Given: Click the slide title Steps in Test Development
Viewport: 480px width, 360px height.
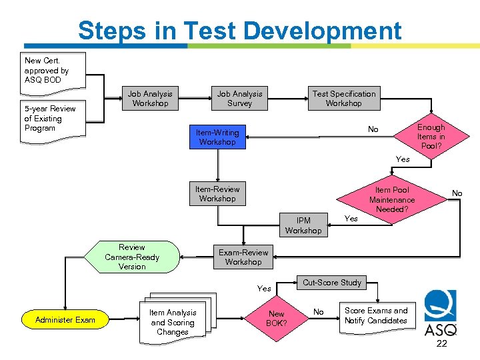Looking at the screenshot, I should [239, 31].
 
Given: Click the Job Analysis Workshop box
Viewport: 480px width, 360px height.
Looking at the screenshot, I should [151, 99].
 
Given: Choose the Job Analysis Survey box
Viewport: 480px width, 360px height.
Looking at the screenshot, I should [240, 99].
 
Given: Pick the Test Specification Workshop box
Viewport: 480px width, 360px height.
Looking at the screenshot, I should [344, 99].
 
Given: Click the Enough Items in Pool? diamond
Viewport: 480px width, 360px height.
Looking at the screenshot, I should [430, 137].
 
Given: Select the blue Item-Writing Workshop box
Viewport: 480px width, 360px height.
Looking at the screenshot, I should [217, 137].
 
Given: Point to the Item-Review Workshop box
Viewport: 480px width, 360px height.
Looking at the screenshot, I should [217, 194].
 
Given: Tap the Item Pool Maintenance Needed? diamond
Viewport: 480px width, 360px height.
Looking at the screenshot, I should [392, 199].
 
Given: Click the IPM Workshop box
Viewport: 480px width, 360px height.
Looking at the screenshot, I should [303, 225].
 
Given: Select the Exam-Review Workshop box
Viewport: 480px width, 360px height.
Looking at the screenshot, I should [243, 257].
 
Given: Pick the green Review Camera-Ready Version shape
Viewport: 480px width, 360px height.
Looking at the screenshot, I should [132, 257].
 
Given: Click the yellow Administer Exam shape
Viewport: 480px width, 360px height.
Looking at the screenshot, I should [65, 320].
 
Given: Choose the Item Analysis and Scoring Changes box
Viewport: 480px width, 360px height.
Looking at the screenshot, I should [173, 322].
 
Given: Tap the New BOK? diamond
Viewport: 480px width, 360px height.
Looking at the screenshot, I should [276, 319].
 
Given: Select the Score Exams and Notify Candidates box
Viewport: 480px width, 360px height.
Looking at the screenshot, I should [375, 316].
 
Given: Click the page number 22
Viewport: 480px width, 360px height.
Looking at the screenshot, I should [441, 344].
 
